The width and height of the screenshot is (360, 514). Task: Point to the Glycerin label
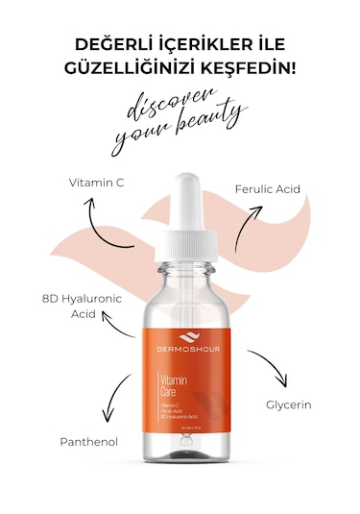(x=289, y=404)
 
